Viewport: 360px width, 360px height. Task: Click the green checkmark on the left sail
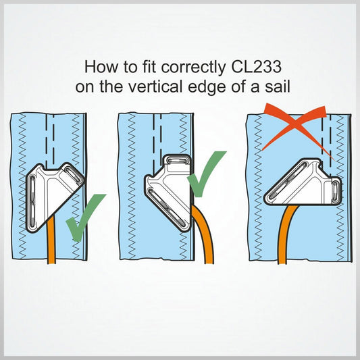(84, 216)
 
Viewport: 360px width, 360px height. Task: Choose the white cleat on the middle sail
(172, 182)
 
